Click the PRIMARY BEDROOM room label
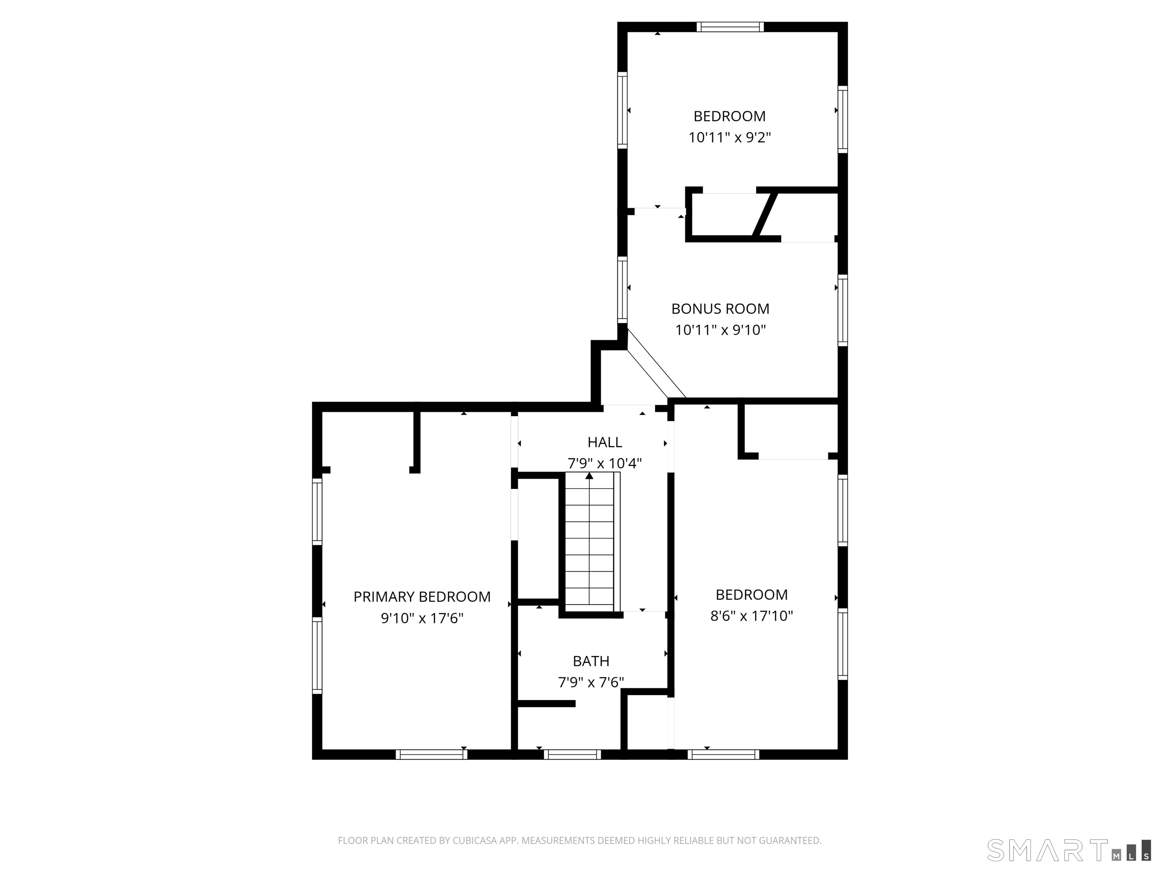point(422,597)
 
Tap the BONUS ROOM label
point(720,309)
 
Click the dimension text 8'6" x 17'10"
point(751,615)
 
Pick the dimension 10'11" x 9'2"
point(730,137)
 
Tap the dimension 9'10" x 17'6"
point(422,618)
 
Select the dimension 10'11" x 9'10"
point(720,330)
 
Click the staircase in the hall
point(589,542)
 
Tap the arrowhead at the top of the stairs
point(589,476)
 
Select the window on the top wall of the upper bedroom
point(730,27)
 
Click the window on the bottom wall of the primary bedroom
point(431,754)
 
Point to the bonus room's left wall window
point(622,290)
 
